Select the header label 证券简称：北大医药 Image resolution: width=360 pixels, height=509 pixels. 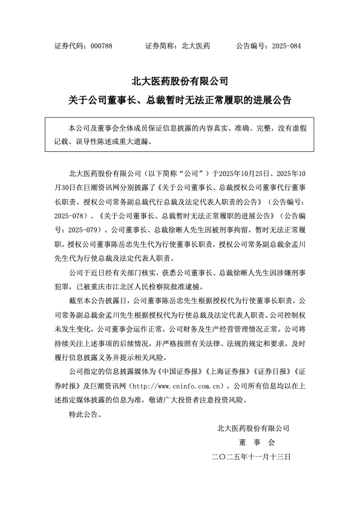click(x=178, y=46)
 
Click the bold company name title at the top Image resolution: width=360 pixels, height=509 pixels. click(x=180, y=80)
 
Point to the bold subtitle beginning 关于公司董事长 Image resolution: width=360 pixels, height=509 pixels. click(x=180, y=100)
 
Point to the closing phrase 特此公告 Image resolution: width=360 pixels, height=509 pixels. click(x=83, y=415)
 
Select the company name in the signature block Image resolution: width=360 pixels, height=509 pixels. click(x=254, y=428)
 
